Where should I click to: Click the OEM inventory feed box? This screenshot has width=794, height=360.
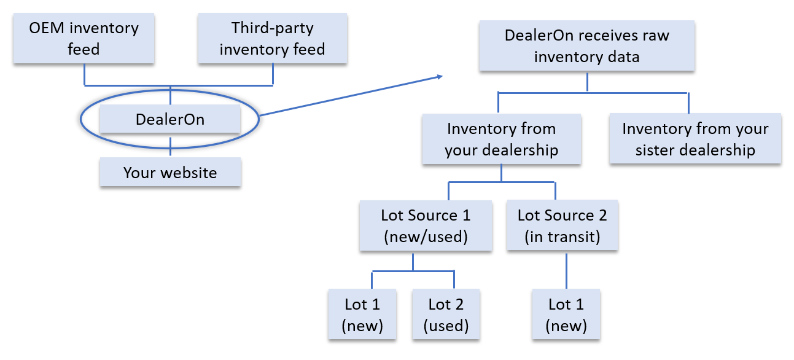coord(84,39)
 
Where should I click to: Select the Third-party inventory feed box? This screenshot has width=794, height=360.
coord(272,39)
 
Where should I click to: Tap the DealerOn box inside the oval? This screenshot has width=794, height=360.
coord(170,119)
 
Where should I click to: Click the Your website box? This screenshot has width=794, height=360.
coord(170,173)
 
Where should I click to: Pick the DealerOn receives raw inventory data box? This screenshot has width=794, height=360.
coord(586,46)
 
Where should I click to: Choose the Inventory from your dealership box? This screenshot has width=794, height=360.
coord(501,139)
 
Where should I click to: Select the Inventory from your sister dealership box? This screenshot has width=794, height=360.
coord(695,139)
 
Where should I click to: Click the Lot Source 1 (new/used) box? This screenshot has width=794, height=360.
coord(426,226)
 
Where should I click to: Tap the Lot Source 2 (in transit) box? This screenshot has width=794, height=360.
coord(562,226)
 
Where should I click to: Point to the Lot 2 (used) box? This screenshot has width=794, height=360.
coord(446,315)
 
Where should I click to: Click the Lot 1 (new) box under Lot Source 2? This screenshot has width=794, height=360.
coord(566,315)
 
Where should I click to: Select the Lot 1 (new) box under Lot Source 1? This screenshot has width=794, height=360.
coord(362,315)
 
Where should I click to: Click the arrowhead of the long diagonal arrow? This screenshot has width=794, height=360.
coord(440,77)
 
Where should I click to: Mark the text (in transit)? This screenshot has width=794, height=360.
coord(562,237)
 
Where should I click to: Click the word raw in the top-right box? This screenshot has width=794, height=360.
coord(654,35)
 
